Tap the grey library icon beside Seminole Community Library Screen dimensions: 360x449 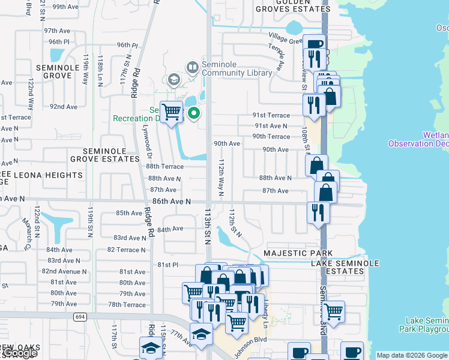pyautogui.click(x=192, y=67)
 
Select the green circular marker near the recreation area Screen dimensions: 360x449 pyautogui.click(x=194, y=113)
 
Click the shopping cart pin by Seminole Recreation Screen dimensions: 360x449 pyautogui.click(x=172, y=112)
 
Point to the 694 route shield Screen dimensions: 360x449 pyautogui.click(x=79, y=316)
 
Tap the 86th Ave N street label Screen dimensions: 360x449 pyautogui.click(x=171, y=202)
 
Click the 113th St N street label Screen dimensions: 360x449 pyautogui.click(x=208, y=226)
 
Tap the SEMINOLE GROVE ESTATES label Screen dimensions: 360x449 pyautogui.click(x=105, y=155)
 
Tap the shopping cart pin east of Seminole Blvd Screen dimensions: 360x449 pyautogui.click(x=333, y=311)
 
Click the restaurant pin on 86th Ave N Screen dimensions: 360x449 pyautogui.click(x=318, y=212)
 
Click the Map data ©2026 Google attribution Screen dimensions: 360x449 pyautogui.click(x=412, y=355)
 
